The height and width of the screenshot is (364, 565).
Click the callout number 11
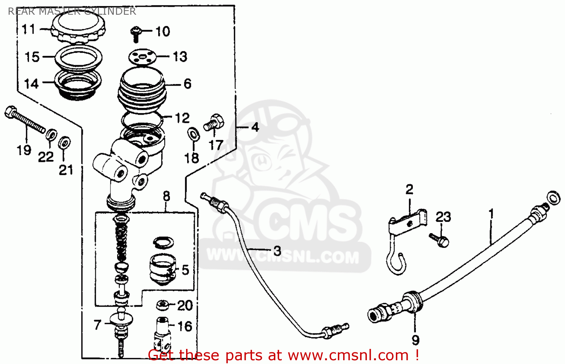(x=29, y=29)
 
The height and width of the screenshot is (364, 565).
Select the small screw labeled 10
(x=136, y=34)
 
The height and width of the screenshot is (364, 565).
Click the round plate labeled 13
(x=142, y=57)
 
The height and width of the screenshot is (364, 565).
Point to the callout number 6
(x=188, y=84)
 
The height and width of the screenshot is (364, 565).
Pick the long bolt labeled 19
(x=25, y=120)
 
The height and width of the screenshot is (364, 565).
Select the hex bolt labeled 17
(x=214, y=122)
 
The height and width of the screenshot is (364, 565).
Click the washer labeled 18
(x=194, y=134)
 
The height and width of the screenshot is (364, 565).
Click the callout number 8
(x=166, y=196)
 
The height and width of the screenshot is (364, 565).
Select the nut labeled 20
(x=163, y=305)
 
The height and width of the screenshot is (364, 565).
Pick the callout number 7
(x=98, y=325)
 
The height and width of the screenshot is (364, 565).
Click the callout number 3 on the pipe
(x=277, y=251)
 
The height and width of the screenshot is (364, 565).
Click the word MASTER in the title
(x=59, y=11)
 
